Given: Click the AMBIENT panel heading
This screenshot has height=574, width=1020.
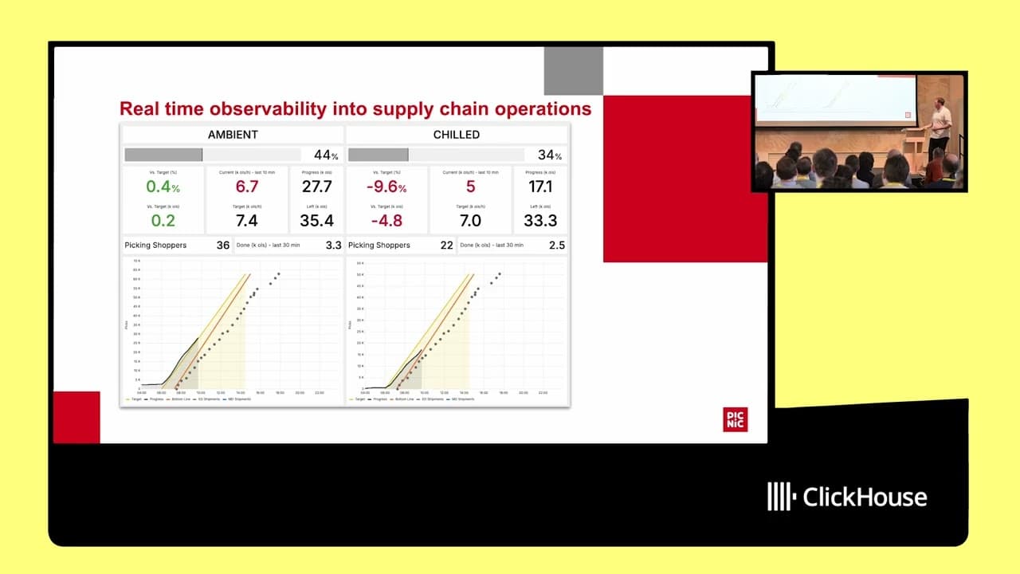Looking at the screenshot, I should pos(233,135).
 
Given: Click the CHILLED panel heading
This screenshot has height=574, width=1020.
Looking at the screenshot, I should pos(457,135).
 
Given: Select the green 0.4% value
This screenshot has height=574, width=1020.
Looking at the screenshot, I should pos(163,187).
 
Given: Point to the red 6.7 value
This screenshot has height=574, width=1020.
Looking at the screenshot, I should pos(247,187).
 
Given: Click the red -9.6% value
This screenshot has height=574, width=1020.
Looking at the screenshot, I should pos(386,187).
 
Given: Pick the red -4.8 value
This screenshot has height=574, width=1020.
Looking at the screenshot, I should pos(386,221).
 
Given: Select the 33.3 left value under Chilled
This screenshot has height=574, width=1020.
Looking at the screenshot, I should pos(540,221).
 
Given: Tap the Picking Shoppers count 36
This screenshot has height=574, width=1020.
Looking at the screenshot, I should pos(223,246).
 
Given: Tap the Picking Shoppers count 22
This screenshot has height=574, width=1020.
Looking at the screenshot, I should pos(446,246).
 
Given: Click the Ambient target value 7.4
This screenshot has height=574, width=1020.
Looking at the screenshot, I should pos(247,221).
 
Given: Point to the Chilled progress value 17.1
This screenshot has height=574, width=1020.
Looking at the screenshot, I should pos(540,187).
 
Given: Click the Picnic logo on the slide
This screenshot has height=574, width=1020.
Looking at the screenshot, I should pos(735,419).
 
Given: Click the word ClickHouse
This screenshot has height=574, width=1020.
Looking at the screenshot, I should pos(865,497).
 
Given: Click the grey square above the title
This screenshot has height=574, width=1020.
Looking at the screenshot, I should pos(573,71).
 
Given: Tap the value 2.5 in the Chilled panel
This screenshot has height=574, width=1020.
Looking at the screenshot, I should pos(557,246).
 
